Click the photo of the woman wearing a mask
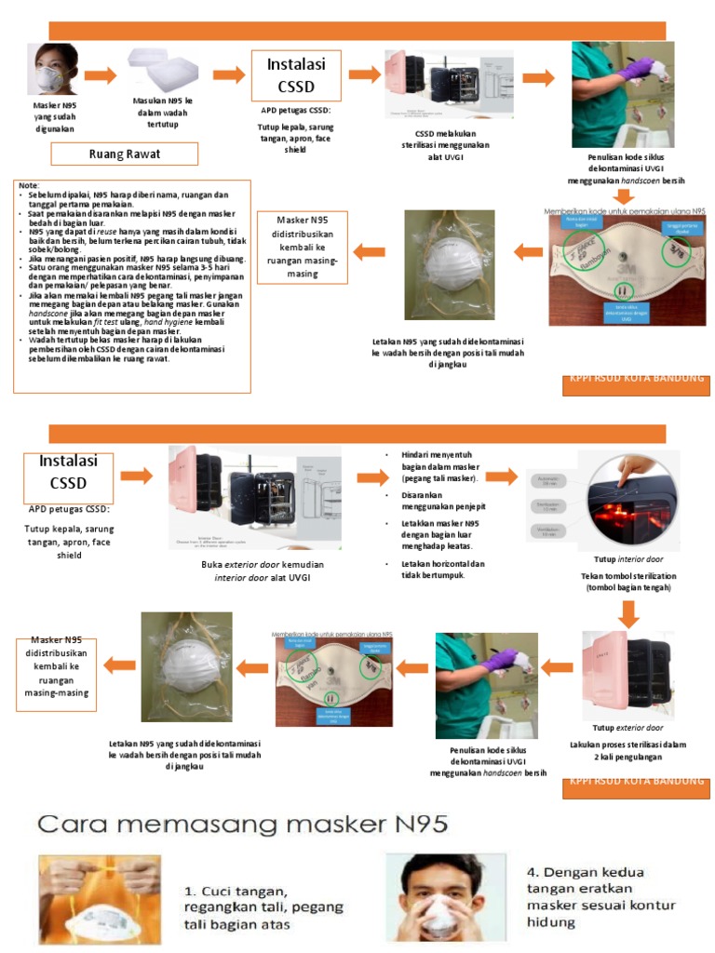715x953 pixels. tap(53, 71)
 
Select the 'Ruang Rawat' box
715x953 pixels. tap(124, 154)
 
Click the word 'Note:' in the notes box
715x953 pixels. tap(29, 186)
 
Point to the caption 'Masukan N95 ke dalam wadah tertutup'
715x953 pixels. tap(162, 113)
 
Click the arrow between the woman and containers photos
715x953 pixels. tap(101, 75)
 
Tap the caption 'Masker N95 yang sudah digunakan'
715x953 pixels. tap(55, 117)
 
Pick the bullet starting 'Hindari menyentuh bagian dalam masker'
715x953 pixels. tap(438, 466)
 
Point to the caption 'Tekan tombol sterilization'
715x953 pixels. tap(628, 582)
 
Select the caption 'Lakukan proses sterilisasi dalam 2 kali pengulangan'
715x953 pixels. tap(628, 750)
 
